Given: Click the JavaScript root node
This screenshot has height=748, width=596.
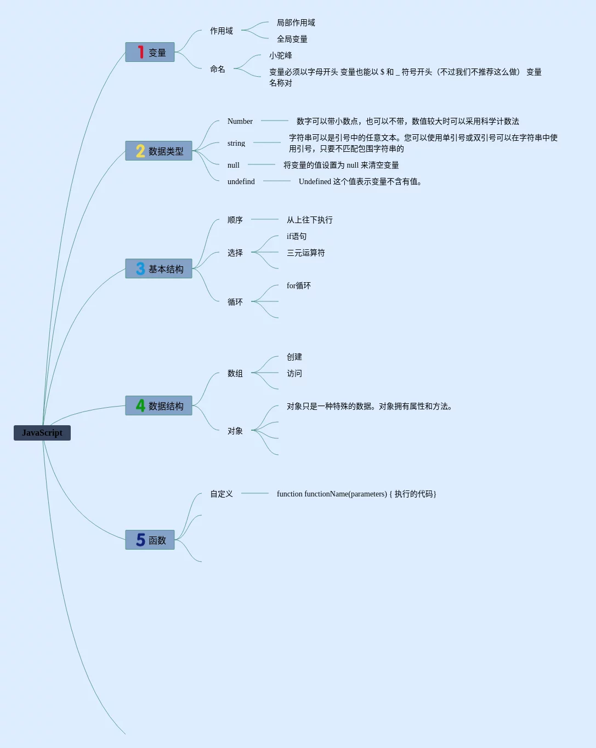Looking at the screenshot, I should click(42, 433).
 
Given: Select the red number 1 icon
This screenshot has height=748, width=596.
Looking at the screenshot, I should click(141, 52).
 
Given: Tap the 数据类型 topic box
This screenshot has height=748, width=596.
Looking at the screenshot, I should click(159, 151).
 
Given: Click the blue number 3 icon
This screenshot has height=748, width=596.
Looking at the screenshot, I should click(140, 269).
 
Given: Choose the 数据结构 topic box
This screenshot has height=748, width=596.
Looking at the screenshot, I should click(159, 406).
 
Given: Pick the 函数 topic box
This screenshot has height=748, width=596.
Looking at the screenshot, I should click(150, 540).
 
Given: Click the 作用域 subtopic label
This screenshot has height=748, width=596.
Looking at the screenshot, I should click(222, 31).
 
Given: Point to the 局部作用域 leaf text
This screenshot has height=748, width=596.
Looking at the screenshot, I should click(296, 22).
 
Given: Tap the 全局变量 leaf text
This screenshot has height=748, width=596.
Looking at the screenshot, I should click(292, 39).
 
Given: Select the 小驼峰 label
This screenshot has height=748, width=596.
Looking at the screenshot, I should click(281, 55).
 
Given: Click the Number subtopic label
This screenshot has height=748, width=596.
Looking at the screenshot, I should click(240, 121).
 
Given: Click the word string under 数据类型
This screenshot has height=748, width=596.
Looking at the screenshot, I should click(236, 143).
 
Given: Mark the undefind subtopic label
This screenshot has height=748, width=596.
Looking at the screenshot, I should click(241, 181).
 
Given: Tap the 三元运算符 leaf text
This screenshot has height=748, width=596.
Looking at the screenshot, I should click(306, 253).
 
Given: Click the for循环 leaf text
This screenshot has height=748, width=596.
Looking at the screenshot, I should click(299, 286).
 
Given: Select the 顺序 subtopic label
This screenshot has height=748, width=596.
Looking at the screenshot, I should click(235, 220).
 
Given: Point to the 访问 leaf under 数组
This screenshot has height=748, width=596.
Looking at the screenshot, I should click(294, 373).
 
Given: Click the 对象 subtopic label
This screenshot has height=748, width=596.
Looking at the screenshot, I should click(235, 431).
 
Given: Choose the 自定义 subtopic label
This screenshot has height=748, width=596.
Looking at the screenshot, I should click(222, 494).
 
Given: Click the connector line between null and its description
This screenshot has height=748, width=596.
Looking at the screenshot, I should click(262, 164).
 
